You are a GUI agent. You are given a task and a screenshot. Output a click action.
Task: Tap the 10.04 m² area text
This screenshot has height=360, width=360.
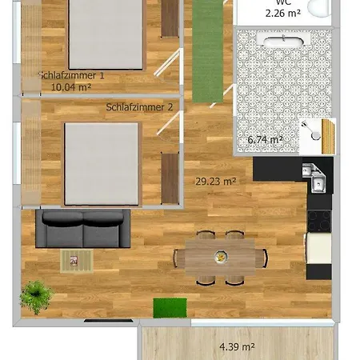pyautogui.click(x=70, y=88)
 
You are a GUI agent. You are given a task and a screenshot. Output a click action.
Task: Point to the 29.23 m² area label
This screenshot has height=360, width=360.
pyautogui.click(x=215, y=182)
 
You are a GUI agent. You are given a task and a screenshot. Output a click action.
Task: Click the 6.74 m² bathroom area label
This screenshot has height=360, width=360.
pyautogui.click(x=266, y=140)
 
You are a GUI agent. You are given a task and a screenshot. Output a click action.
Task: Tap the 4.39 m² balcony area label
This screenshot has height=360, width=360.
pyautogui.click(x=237, y=346)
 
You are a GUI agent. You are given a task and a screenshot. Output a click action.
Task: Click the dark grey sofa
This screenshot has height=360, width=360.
pyautogui.click(x=82, y=229)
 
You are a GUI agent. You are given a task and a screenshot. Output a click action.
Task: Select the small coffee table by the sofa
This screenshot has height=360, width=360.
pyautogui.click(x=77, y=259)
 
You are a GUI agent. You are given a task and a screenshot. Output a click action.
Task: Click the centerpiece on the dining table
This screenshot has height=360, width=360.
pyautogui.click(x=219, y=256)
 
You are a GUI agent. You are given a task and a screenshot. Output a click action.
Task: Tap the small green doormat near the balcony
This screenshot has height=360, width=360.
pyautogui.click(x=170, y=306)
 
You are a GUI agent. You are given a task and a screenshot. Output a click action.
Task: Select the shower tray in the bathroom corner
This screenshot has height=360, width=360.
pyautogui.click(x=317, y=134)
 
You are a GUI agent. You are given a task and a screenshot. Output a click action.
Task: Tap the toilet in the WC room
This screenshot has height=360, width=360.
pyautogui.click(x=320, y=9)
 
